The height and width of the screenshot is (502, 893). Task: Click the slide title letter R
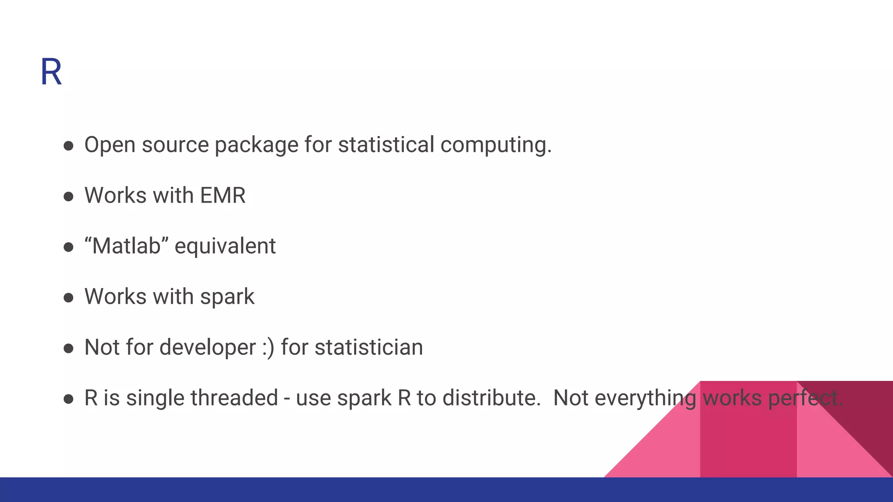[51, 72]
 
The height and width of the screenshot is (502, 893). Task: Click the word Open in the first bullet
[109, 145]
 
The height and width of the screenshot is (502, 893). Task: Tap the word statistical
[386, 145]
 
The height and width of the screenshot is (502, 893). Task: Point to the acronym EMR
[222, 195]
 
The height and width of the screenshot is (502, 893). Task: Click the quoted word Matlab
[126, 246]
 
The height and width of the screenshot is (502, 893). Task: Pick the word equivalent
[225, 247]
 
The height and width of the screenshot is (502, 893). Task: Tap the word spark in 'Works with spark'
[227, 297]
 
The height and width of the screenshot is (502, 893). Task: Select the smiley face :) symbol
[269, 348]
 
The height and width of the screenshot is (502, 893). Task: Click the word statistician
[368, 348]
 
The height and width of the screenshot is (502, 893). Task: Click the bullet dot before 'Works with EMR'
[68, 197]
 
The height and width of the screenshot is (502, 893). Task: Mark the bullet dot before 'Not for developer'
[68, 348]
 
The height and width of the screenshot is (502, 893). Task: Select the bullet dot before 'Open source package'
[68, 146]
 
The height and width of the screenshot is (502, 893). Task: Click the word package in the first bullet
[256, 146]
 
